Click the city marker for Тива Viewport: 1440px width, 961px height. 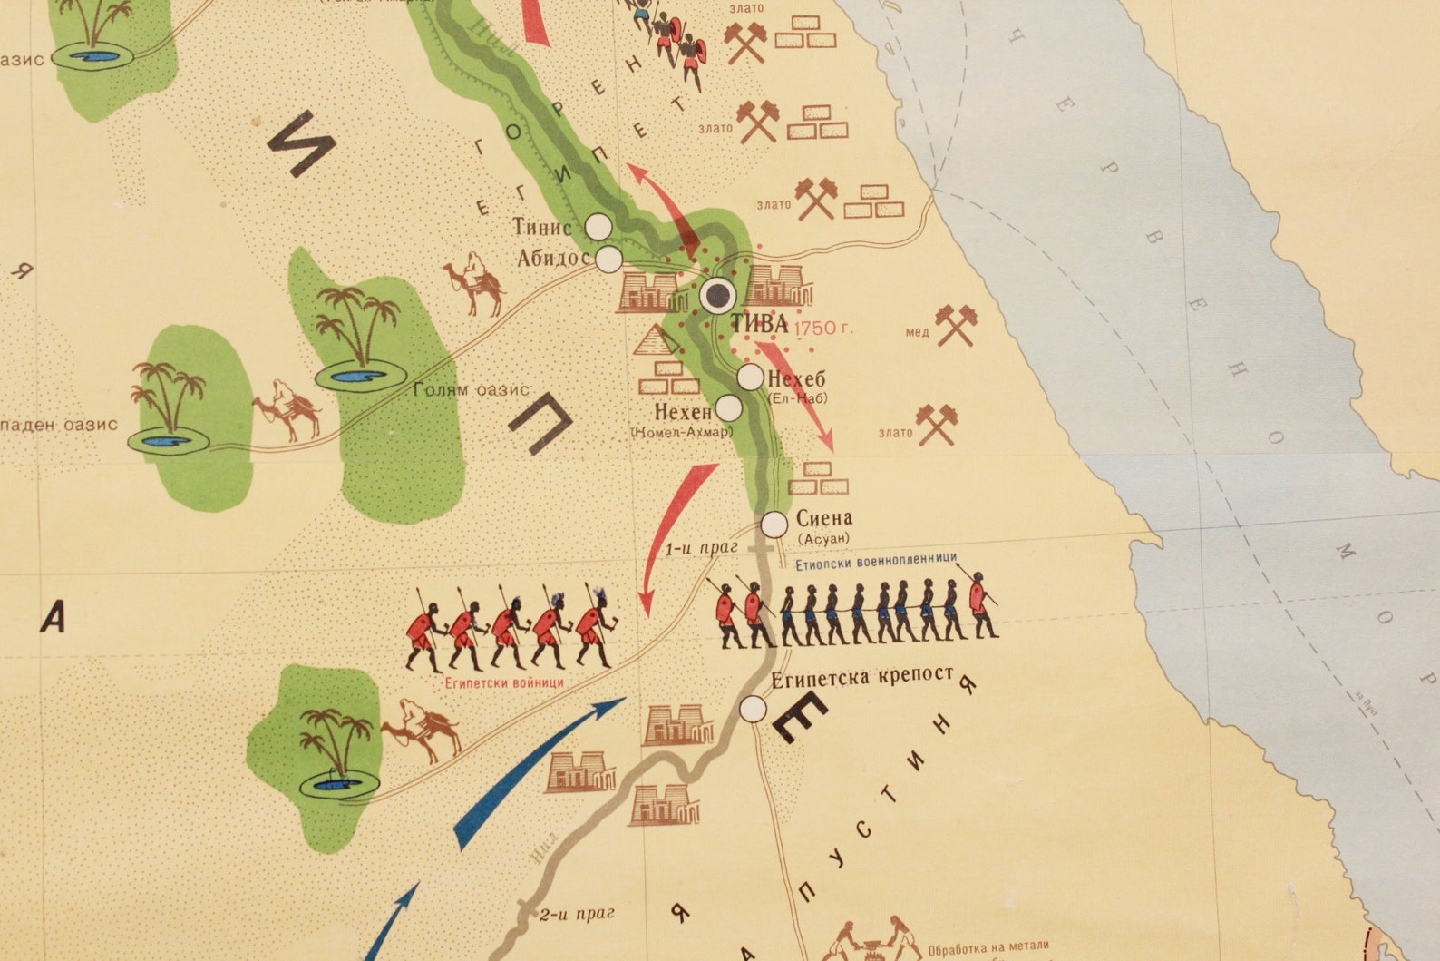[719, 294]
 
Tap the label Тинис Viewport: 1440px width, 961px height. [542, 227]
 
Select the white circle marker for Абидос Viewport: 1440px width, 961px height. [608, 260]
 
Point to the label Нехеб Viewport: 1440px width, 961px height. [796, 378]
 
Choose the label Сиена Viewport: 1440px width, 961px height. [824, 518]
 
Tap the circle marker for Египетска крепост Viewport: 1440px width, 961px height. [753, 709]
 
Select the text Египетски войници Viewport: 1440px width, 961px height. [504, 682]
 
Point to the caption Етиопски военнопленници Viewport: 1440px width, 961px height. [875, 559]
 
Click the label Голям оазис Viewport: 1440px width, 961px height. [471, 390]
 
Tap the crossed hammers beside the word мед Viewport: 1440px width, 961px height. [955, 325]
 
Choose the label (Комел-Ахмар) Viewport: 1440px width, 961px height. [681, 432]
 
